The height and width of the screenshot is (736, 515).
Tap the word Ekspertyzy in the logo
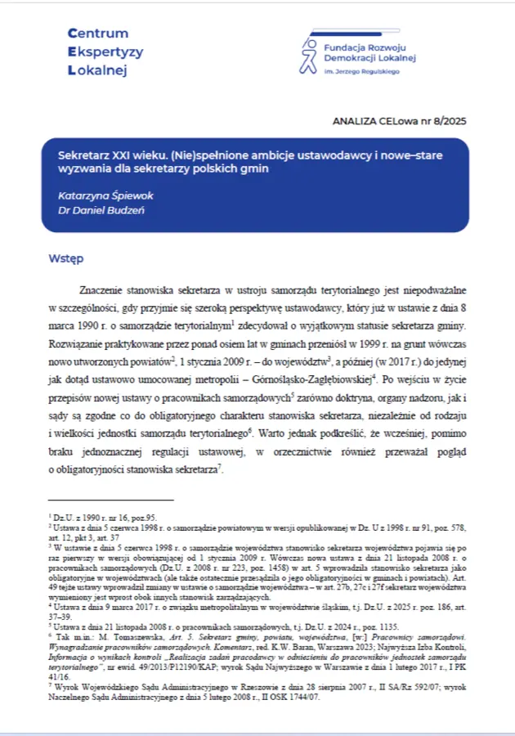coord(105,52)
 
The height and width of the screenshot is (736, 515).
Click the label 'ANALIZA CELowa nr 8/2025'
coord(400,121)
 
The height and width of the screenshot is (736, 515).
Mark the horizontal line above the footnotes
coord(111,499)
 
